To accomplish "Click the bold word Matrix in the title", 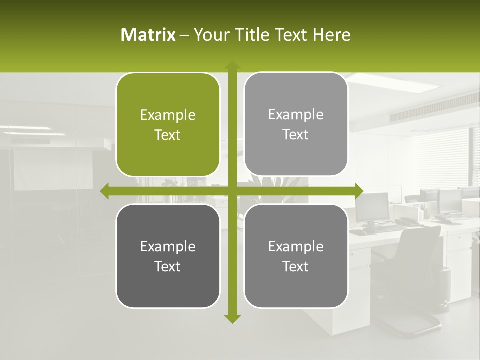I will (x=148, y=35).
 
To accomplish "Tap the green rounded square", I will (x=168, y=125).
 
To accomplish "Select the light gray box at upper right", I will (x=296, y=124).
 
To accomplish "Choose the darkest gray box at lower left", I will (x=168, y=256).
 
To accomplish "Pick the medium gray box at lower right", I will (x=296, y=256).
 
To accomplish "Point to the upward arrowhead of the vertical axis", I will (x=232, y=65).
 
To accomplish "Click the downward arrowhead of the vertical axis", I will (x=232, y=318).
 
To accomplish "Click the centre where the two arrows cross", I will (x=232, y=191).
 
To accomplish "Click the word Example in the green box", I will (x=168, y=115).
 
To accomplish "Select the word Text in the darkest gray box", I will (x=168, y=266).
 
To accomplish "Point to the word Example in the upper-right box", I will (x=296, y=114).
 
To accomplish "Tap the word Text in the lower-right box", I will (x=296, y=266).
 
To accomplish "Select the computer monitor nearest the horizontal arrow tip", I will (x=372, y=206).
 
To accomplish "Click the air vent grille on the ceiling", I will (x=425, y=110).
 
